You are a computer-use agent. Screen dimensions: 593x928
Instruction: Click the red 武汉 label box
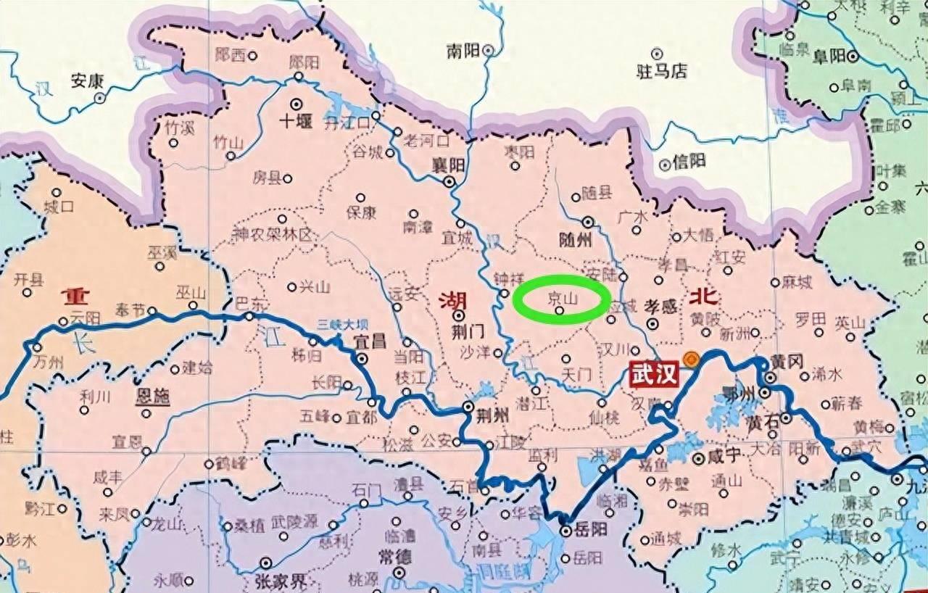(x=655, y=375)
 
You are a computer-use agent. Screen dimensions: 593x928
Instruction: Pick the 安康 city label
(x=87, y=80)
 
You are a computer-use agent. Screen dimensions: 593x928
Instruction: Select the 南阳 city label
(x=463, y=51)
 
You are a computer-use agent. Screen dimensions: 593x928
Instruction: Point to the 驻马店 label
(x=660, y=71)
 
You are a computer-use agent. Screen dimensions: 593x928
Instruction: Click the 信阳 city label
(x=689, y=162)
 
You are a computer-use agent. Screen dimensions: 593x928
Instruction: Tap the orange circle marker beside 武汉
(x=692, y=358)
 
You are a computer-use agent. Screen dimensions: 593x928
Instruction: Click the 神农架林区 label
(x=271, y=235)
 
